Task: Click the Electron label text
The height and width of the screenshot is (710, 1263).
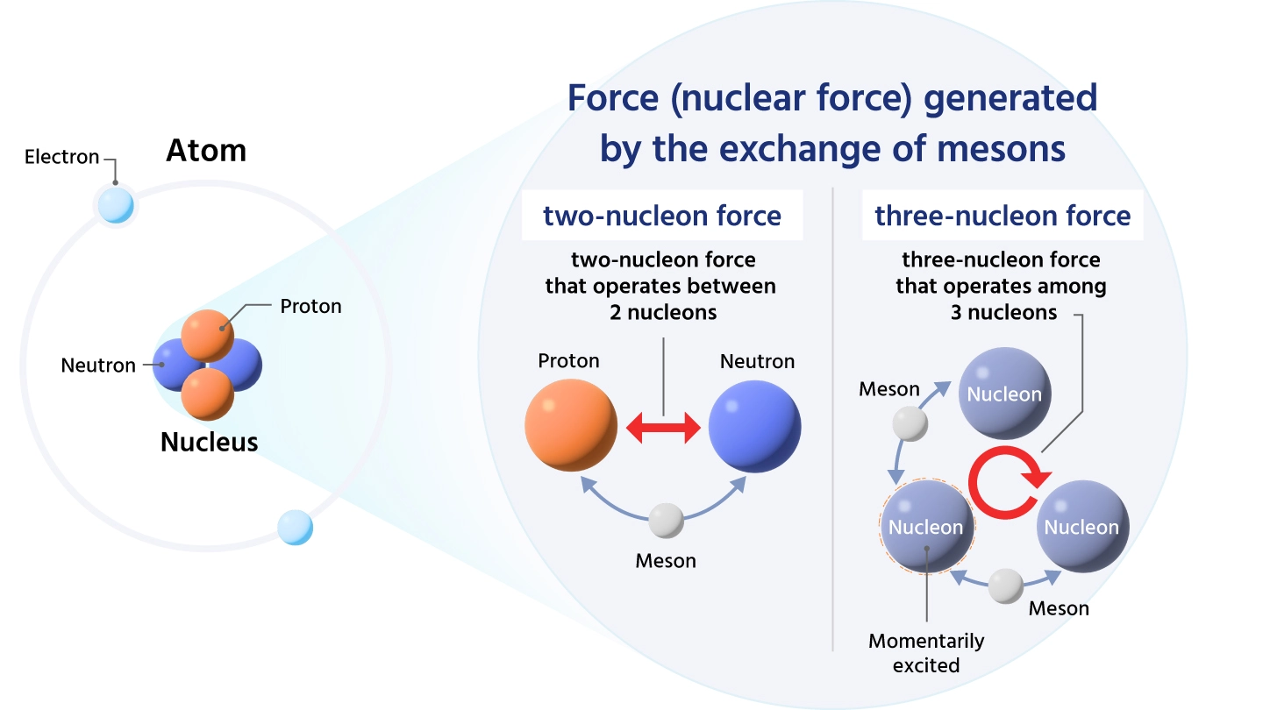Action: pos(61,158)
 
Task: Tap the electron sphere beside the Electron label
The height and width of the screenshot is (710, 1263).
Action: pos(116,205)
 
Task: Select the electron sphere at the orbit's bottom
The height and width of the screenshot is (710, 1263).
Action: pos(295,528)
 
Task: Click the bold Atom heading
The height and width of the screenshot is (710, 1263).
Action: pos(206,151)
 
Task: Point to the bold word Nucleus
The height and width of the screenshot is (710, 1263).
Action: pos(209,442)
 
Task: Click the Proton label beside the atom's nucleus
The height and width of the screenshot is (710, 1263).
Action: pos(310,306)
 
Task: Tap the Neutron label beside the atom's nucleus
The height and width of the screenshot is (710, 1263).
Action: pos(98,366)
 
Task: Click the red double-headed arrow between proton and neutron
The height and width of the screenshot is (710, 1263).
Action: pos(664,429)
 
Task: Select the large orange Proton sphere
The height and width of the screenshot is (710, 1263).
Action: pos(571,425)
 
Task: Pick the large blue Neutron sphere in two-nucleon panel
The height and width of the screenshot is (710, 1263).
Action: pos(754,427)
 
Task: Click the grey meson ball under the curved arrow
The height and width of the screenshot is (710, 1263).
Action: pos(666,521)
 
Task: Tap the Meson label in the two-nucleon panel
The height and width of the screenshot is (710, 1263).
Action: pos(666,561)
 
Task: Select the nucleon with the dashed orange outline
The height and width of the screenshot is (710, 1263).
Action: pos(926,526)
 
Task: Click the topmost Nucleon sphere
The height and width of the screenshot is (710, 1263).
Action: pos(1003,394)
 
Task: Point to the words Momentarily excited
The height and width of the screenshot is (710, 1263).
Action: pos(926,653)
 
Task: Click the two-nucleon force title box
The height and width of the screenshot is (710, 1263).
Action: pos(662,216)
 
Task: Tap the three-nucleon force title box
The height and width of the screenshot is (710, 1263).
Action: pos(1003,216)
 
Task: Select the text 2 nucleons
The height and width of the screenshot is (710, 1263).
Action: pos(662,312)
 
